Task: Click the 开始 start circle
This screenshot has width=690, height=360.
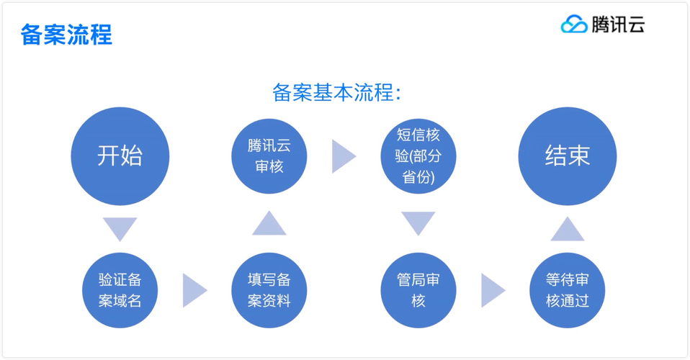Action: [120, 156]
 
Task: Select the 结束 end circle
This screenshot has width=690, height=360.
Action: [568, 156]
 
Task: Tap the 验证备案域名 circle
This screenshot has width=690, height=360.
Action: [120, 290]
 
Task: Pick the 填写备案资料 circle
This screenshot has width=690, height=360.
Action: [269, 290]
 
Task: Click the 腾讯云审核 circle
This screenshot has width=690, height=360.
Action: [269, 156]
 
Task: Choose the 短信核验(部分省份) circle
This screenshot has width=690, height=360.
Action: [418, 156]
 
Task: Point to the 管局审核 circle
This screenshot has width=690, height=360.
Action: [418, 290]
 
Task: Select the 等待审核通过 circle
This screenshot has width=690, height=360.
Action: [568, 290]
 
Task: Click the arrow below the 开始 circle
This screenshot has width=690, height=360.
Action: [120, 228]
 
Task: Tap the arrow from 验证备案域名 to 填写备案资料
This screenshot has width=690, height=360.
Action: [194, 290]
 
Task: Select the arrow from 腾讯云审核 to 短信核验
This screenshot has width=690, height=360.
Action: [343, 156]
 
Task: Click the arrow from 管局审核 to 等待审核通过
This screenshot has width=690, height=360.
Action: [492, 290]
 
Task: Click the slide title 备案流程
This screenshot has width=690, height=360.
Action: [66, 35]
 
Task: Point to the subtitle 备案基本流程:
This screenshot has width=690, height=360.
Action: [336, 92]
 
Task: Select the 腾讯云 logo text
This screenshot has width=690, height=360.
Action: [618, 24]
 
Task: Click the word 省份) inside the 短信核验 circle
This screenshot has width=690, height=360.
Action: [418, 177]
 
